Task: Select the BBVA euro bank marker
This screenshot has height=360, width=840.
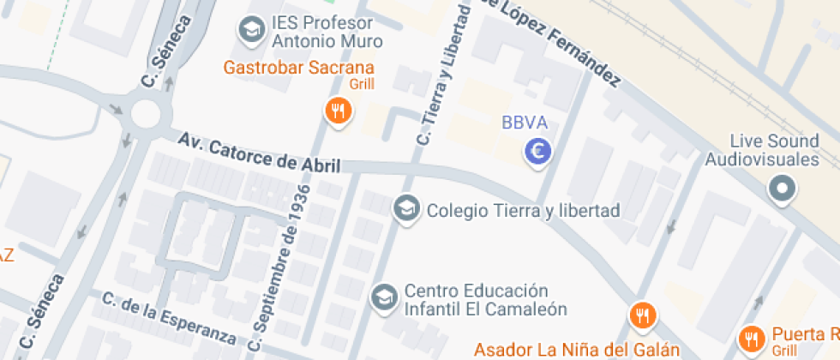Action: [537, 153]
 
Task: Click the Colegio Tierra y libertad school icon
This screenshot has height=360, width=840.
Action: [405, 208]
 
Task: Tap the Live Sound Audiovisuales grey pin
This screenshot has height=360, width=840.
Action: [781, 189]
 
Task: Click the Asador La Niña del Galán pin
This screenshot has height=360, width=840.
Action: [642, 315]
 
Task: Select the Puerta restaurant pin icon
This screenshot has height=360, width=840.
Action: [752, 339]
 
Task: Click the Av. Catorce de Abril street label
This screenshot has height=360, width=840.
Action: [259, 153]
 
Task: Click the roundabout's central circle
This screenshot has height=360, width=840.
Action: [146, 114]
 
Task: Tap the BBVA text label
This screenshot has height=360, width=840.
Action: [524, 123]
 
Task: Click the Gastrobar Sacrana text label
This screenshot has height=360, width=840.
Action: [299, 68]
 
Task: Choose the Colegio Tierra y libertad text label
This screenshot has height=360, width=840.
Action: [523, 210]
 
